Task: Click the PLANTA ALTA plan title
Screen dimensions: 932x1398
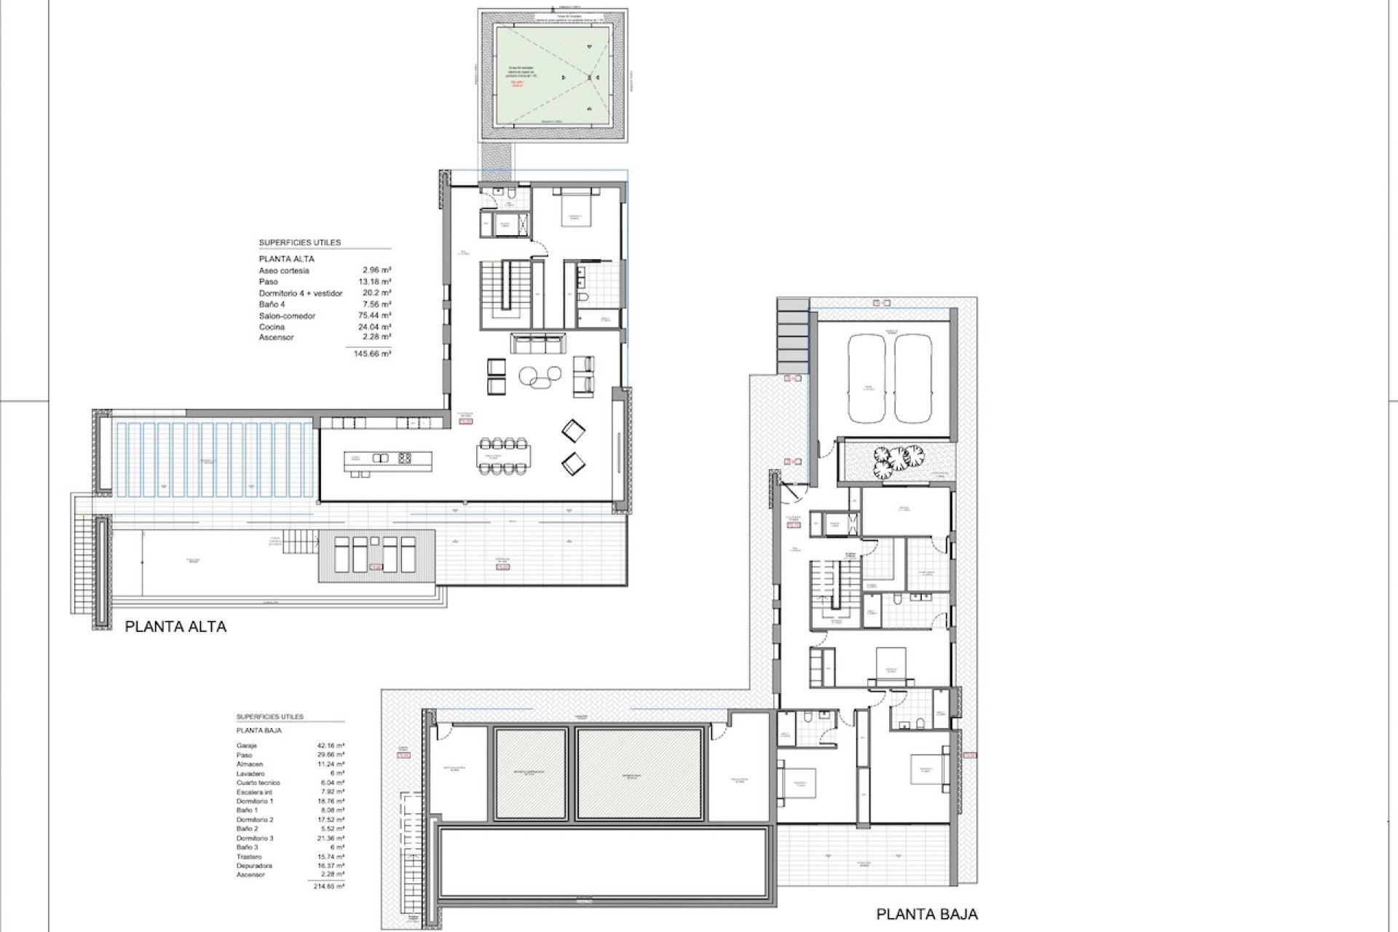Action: (x=175, y=626)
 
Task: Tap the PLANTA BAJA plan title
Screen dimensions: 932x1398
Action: (x=927, y=914)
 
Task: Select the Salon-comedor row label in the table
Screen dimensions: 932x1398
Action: (x=287, y=316)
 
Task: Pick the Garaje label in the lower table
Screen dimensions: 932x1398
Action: (x=247, y=746)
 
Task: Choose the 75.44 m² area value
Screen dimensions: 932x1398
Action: (x=376, y=316)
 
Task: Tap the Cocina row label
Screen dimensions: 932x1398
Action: (x=272, y=327)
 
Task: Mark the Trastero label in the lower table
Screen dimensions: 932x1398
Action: (x=249, y=856)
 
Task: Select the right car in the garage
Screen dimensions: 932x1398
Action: (x=912, y=379)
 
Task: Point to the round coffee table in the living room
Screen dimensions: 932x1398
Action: (x=539, y=375)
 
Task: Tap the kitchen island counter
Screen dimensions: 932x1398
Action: (x=387, y=458)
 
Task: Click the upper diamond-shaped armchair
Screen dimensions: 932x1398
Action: (x=573, y=432)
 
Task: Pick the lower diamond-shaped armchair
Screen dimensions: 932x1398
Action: (x=573, y=462)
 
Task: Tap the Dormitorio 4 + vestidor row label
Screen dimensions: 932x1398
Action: (x=300, y=293)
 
